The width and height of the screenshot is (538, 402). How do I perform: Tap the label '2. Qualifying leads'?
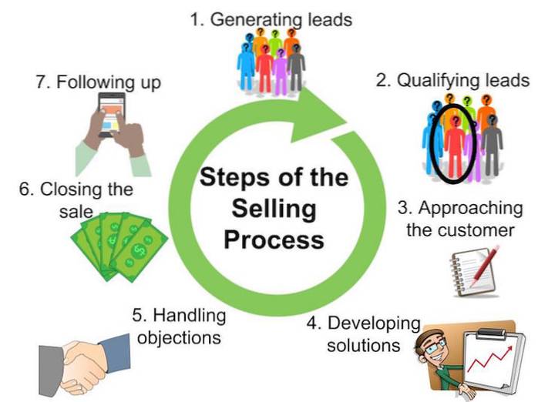coord(452,81)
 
